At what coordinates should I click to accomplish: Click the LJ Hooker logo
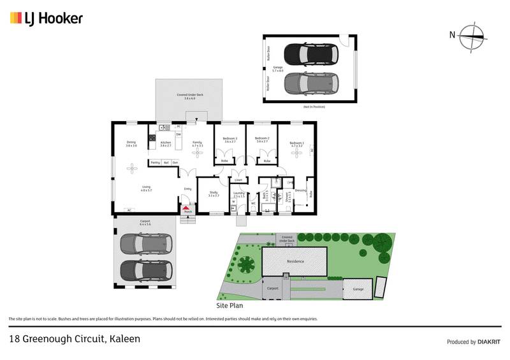(x=46, y=18)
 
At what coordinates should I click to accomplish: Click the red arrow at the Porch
(x=186, y=208)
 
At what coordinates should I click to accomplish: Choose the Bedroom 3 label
(x=230, y=139)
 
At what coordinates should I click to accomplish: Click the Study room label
(x=213, y=193)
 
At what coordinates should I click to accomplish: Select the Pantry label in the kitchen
(x=155, y=162)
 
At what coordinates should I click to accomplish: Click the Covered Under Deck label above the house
(x=189, y=96)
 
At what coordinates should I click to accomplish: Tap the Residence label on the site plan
(x=295, y=261)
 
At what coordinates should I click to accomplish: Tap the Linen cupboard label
(x=238, y=180)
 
